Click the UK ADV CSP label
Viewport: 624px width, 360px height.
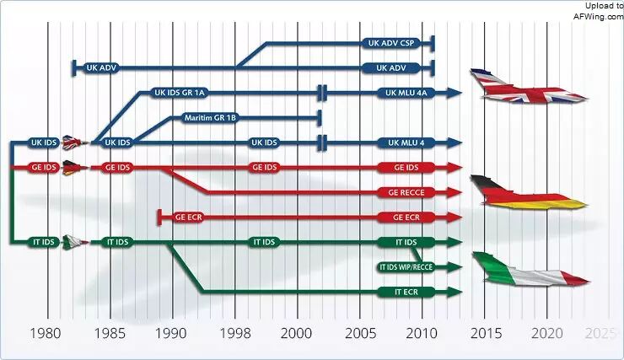pos(391,43)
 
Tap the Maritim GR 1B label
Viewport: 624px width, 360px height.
pos(210,118)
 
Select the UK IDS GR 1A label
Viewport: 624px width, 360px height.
pos(180,93)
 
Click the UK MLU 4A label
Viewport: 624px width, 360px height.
pos(406,93)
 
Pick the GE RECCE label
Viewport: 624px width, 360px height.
pos(406,192)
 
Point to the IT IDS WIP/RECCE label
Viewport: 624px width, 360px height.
pos(406,267)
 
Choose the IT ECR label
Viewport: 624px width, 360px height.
pos(406,292)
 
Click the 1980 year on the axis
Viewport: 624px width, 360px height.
pos(46,333)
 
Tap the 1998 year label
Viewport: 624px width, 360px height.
pos(235,333)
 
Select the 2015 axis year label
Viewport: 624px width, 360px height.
pos(486,333)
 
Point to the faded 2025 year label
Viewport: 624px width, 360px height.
pos(600,333)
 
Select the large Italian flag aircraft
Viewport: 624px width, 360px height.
pos(530,270)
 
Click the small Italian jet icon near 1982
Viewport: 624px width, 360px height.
pos(75,242)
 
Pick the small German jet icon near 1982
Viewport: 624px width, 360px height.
pos(75,168)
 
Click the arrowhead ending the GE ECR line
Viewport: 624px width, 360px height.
pos(454,218)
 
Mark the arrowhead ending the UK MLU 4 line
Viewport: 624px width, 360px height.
pos(454,142)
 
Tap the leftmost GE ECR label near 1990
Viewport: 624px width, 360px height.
pos(189,218)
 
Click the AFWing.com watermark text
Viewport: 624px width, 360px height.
pos(598,16)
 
